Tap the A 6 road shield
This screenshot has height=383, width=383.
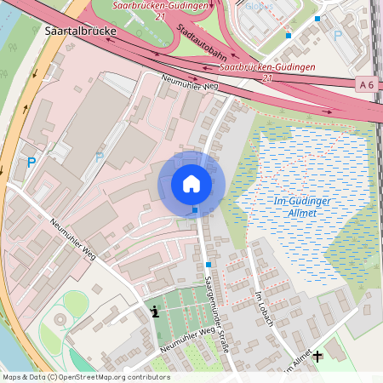coord(367,83)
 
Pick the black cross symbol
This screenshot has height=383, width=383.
coord(318,356)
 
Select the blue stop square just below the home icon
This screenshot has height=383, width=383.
coord(195,209)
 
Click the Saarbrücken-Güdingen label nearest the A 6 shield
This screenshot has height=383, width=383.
coord(267,66)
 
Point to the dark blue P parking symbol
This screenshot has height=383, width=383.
coord(31,162)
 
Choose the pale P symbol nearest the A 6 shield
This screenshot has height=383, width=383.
coord(338,35)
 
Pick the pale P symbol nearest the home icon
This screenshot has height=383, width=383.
coord(100,157)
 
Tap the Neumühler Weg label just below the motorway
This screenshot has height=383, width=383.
coord(188,82)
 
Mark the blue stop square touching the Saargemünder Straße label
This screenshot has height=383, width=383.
coord(208,265)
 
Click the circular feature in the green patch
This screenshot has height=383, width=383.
coord(60,320)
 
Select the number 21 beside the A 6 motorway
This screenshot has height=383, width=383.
coord(267,78)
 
